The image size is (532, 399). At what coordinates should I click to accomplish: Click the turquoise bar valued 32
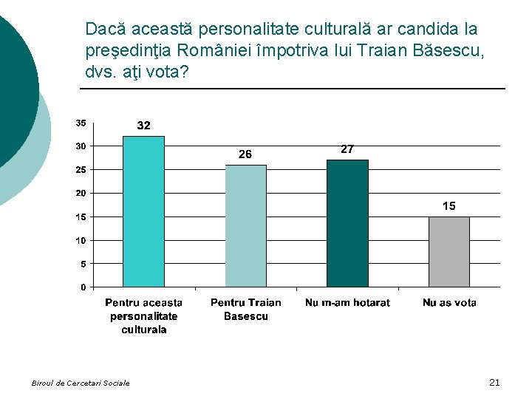click(x=143, y=211)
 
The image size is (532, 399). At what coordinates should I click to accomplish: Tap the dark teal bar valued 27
click(x=347, y=223)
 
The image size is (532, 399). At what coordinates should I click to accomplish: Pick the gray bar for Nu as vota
click(x=449, y=251)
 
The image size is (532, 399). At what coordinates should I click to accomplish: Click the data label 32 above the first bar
click(x=144, y=126)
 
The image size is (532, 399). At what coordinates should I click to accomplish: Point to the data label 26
click(x=245, y=154)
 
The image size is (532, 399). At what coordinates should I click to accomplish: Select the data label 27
click(x=347, y=149)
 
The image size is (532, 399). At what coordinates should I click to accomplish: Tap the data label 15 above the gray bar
click(x=449, y=206)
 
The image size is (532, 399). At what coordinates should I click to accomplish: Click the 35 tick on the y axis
click(x=81, y=123)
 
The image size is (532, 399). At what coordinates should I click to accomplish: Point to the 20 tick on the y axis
click(x=81, y=193)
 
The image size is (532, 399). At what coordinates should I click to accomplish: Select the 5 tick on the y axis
click(x=83, y=264)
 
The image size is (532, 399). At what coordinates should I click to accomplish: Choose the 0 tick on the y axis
click(x=83, y=287)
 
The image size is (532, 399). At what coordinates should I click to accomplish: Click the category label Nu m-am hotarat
click(x=347, y=303)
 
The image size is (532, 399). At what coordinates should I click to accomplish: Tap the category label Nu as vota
click(x=449, y=303)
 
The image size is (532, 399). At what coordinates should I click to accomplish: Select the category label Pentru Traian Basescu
click(x=245, y=310)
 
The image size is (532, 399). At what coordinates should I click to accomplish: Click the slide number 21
click(x=495, y=382)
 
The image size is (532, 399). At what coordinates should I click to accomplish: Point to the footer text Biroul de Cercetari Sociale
click(x=81, y=383)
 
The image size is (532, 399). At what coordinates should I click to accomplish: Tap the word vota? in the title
click(x=168, y=75)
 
